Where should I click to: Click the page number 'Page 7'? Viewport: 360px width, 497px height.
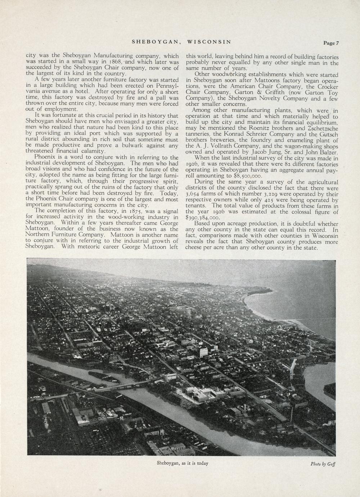[331, 43]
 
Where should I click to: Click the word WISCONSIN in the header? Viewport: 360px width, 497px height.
[209, 42]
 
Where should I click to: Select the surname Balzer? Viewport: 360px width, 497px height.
[327, 152]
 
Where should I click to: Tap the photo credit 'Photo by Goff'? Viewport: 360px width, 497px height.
[323, 464]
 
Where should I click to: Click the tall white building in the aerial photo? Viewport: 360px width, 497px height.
[204, 351]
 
